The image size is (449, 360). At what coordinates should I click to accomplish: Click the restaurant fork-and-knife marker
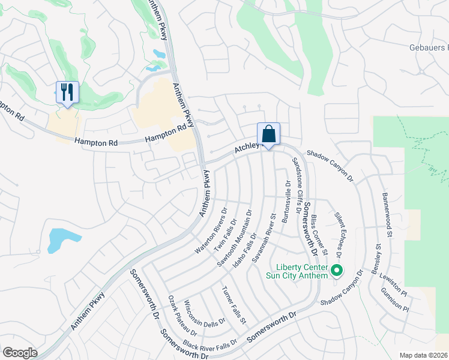(x=67, y=92)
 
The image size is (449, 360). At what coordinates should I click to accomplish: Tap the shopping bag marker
(x=268, y=134)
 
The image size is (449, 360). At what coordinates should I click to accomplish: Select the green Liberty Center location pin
(x=337, y=271)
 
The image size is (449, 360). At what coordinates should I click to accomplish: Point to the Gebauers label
(x=426, y=47)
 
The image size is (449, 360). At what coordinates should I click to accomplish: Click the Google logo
(x=20, y=352)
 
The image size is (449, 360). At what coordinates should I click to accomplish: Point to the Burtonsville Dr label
(x=287, y=202)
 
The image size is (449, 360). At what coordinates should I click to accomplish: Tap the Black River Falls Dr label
(x=210, y=346)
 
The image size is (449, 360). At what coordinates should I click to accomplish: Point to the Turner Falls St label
(x=234, y=305)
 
